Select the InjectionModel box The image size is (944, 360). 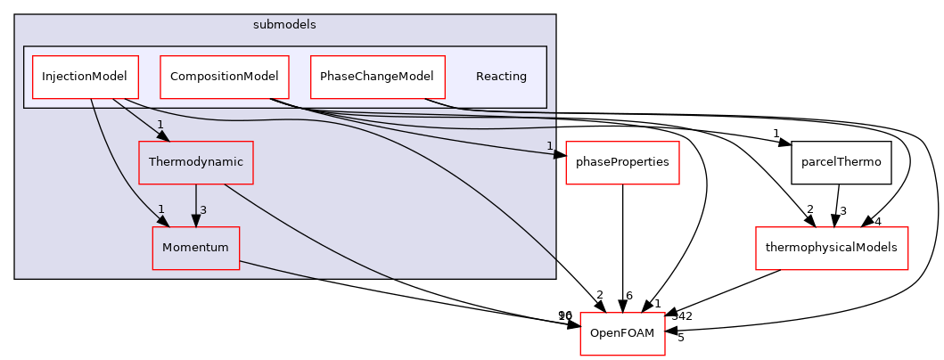point(86,78)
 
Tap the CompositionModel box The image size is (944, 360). point(225,78)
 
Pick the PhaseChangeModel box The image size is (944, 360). point(377,78)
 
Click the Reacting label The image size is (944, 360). point(501,78)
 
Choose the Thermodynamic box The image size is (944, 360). point(195,163)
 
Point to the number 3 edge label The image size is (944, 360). point(203,210)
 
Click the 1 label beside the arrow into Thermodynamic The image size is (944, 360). point(160,125)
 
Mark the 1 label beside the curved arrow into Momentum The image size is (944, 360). point(161,209)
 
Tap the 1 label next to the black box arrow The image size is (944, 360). point(549,146)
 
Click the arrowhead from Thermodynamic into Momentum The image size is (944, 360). point(196,221)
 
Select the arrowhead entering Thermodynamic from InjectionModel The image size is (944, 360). point(162,135)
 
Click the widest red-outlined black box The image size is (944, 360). point(831,249)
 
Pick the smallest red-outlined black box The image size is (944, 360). point(622,334)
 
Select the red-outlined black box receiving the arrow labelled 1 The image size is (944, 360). point(622,163)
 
